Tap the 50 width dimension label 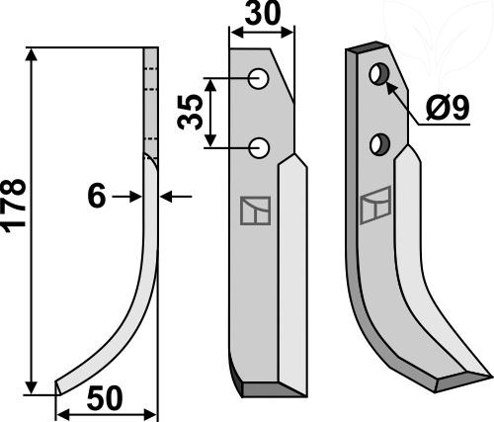point(105,399)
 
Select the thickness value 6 point(97,196)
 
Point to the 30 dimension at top point(263,13)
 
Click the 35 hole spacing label point(190,112)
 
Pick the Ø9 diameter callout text point(448,109)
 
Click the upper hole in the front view point(259,78)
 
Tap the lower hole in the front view point(259,148)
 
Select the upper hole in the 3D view point(379,74)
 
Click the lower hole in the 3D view point(379,144)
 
